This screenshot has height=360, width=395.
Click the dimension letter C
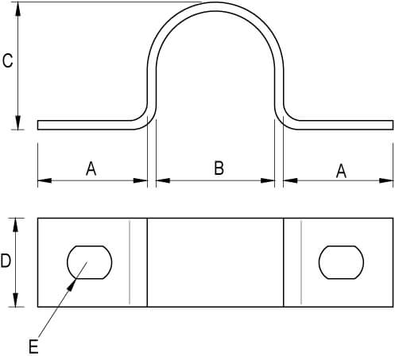point(7,60)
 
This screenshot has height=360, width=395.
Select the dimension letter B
point(219,168)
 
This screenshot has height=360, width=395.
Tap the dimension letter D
point(6,261)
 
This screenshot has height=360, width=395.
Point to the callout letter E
point(33,346)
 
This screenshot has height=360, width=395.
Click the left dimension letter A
point(91,168)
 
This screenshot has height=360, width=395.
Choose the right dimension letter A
point(341,171)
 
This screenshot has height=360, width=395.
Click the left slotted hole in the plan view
point(90,262)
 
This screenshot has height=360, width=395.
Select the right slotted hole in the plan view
point(341,262)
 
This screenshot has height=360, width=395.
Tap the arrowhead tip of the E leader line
point(76,278)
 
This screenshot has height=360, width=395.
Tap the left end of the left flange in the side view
point(38,125)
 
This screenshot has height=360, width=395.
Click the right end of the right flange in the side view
point(393,125)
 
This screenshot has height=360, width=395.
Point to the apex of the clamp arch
point(215,2)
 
